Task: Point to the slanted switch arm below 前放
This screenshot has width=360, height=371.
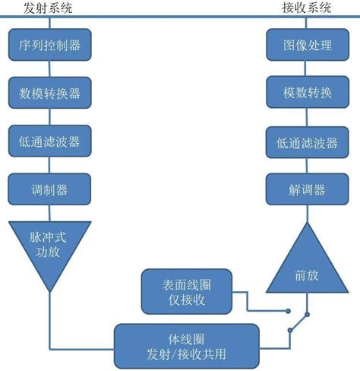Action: coord(298,322)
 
